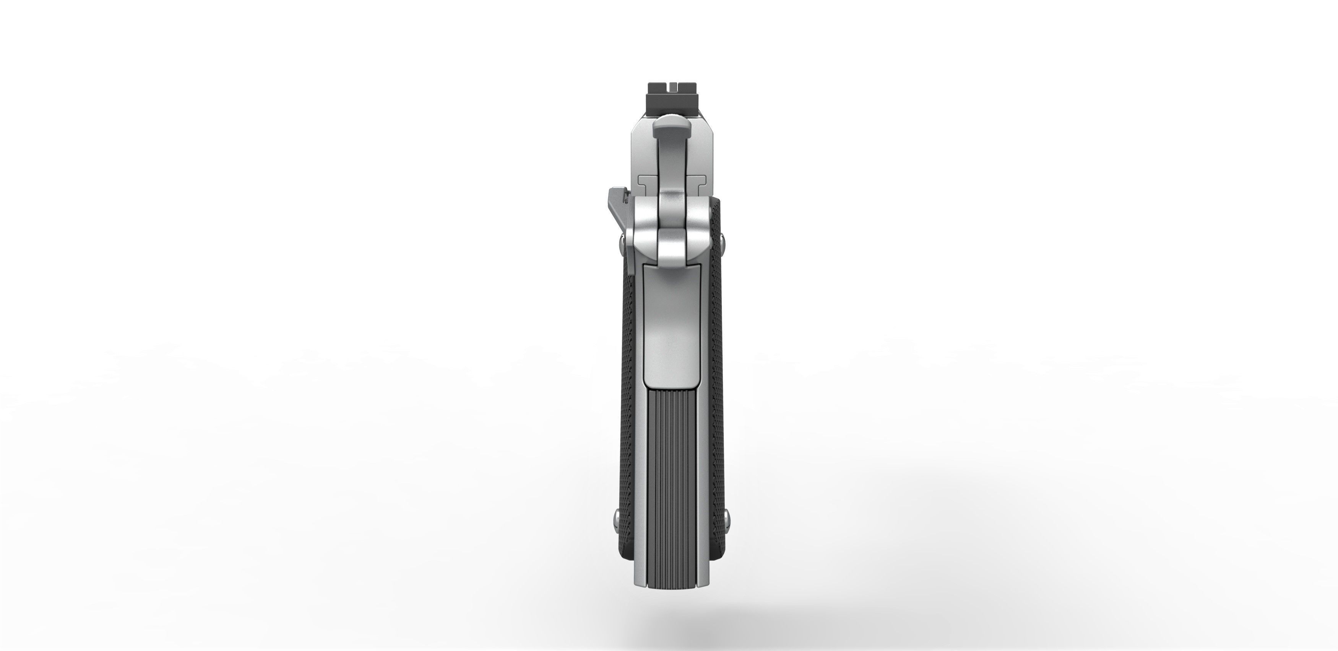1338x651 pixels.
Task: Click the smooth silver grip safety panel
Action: pyautogui.click(x=670, y=333)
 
